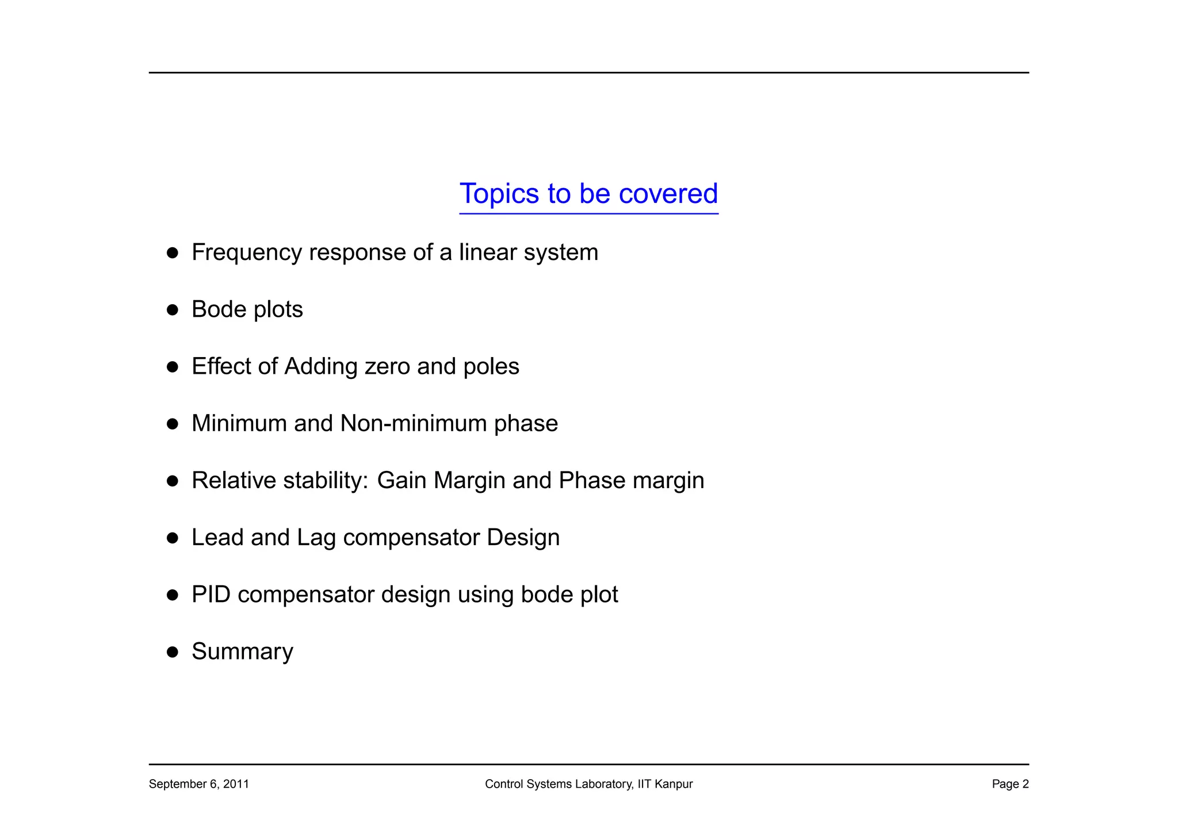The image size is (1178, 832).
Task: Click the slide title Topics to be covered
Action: pyautogui.click(x=588, y=194)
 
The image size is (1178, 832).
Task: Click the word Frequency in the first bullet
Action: pyautogui.click(x=246, y=253)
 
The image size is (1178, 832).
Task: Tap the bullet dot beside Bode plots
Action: pyautogui.click(x=172, y=310)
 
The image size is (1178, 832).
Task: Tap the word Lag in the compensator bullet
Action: pyautogui.click(x=316, y=538)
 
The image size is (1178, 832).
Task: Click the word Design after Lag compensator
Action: pyautogui.click(x=523, y=538)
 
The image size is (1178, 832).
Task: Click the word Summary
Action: pyautogui.click(x=242, y=652)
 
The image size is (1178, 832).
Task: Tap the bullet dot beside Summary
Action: pyautogui.click(x=172, y=652)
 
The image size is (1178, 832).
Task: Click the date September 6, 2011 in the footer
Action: pyautogui.click(x=198, y=784)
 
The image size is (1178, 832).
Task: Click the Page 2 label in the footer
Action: pyautogui.click(x=1009, y=784)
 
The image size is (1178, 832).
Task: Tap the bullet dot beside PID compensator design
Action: pyautogui.click(x=172, y=595)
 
